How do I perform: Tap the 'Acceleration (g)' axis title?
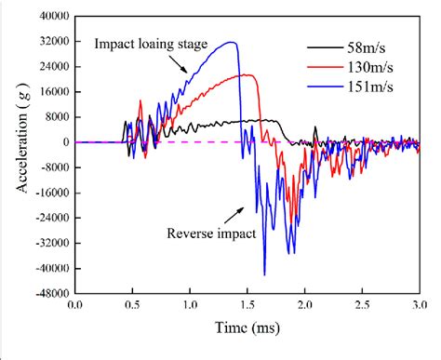click(20, 153)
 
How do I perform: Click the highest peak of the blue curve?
click(233, 43)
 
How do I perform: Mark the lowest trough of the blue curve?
click(264, 274)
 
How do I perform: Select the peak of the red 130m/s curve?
click(246, 74)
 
